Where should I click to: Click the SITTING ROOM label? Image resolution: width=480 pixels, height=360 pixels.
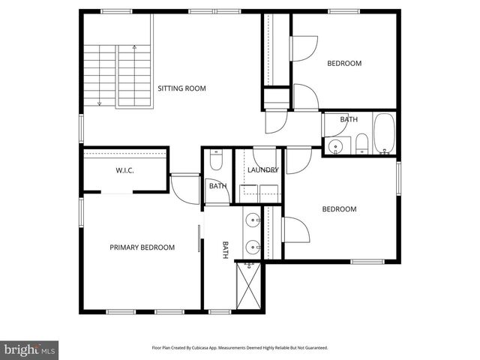[181, 88]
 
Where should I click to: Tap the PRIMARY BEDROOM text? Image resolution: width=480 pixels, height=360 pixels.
[142, 247]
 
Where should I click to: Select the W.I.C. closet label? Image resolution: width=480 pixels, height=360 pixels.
[124, 171]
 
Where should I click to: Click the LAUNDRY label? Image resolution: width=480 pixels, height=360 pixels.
[263, 170]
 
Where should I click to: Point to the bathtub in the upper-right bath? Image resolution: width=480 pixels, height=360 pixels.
[383, 135]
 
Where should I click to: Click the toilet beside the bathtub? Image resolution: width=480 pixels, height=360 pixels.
[361, 143]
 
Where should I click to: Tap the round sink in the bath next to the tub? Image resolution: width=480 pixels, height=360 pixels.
[335, 145]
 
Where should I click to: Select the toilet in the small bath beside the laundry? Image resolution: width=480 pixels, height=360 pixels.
[217, 160]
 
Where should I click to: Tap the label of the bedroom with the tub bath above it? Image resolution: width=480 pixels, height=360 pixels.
[339, 209]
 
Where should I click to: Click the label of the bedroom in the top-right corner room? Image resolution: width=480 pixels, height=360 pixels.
[344, 64]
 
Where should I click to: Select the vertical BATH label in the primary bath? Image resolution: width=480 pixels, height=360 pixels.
[224, 249]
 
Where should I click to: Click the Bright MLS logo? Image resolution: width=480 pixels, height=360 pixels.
[30, 349]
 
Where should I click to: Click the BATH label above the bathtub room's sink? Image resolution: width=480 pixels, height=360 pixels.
[349, 120]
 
